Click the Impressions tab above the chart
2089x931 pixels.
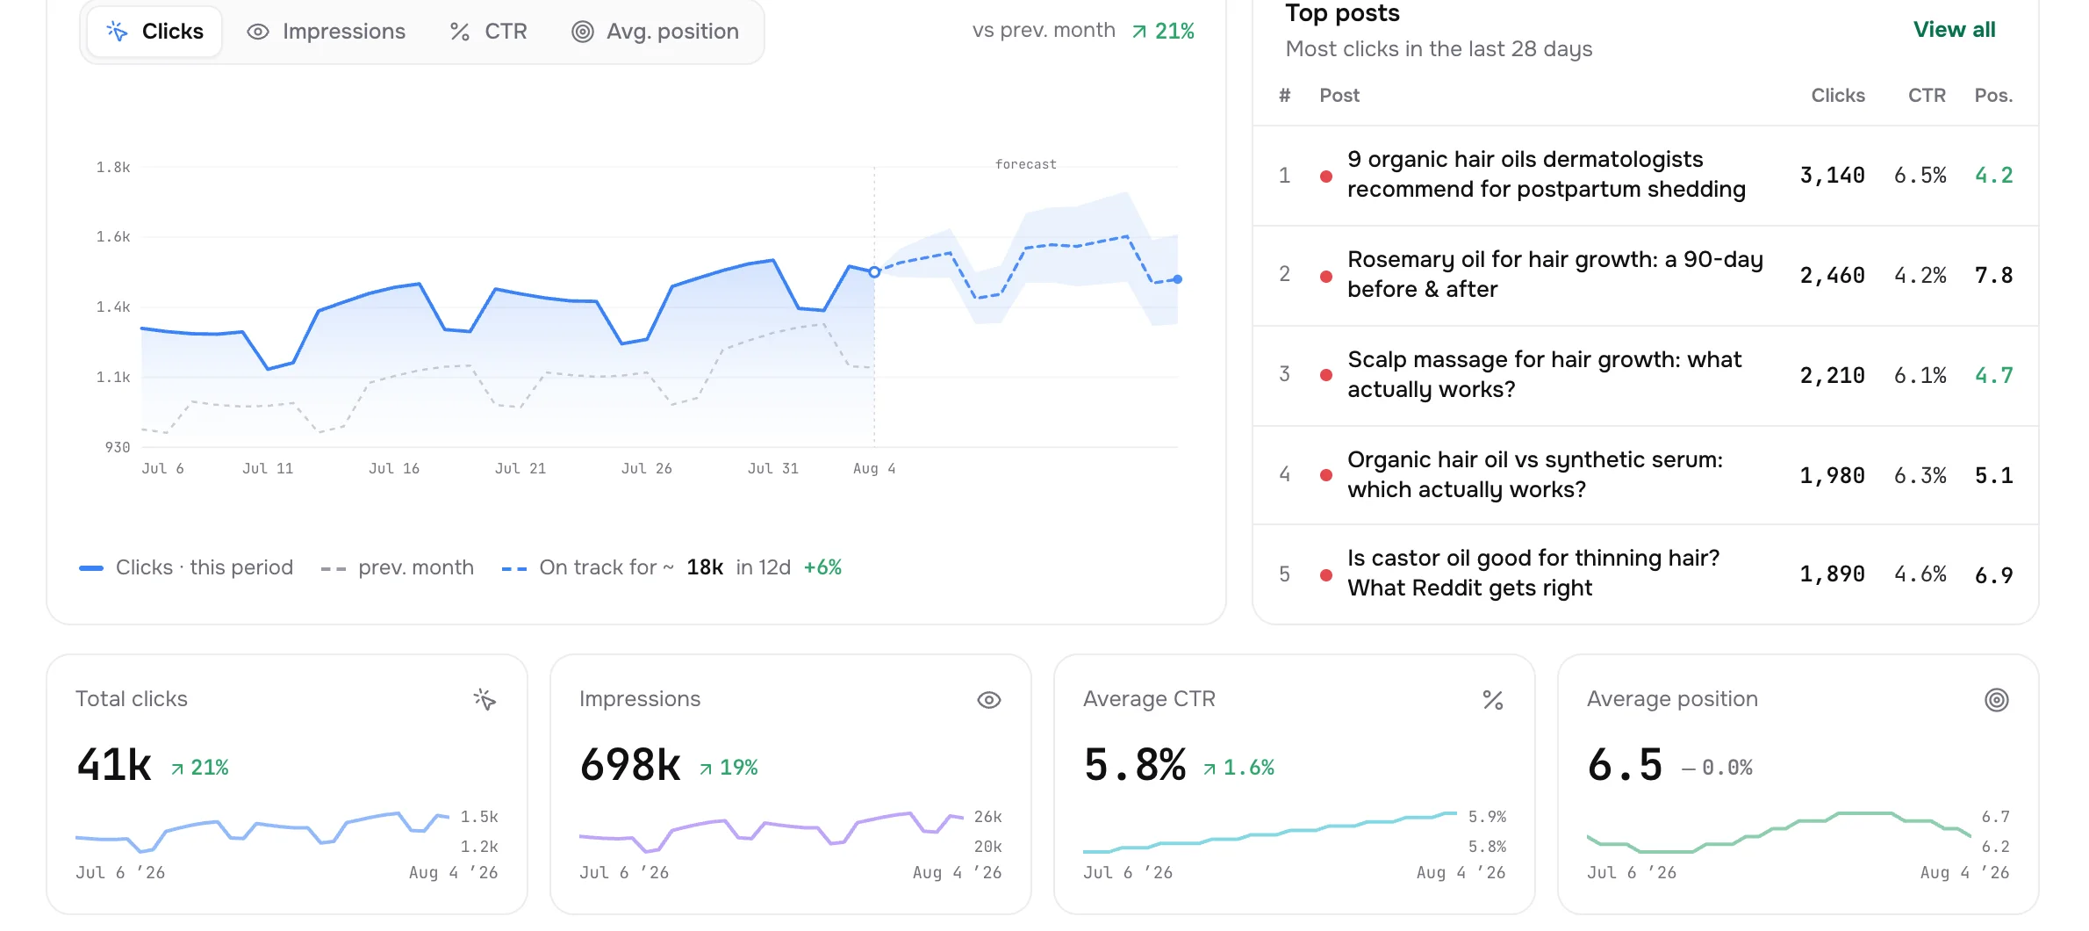[x=326, y=32]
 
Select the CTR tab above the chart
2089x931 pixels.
[x=488, y=32]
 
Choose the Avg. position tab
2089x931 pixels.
[x=655, y=32]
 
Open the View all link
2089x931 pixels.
[x=1954, y=30]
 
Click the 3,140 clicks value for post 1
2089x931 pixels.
[x=1832, y=176]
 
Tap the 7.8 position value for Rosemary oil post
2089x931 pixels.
[x=1993, y=276]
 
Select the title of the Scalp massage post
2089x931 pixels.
[x=1544, y=374]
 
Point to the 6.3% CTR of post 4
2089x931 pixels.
[x=1920, y=476]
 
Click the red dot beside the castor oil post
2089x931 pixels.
[x=1326, y=575]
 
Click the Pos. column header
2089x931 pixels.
[x=1993, y=96]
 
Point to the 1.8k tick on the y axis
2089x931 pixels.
[x=113, y=167]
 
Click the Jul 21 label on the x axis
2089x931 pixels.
[x=520, y=469]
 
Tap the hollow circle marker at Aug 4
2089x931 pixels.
[x=874, y=272]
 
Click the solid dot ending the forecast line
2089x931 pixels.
[x=1178, y=279]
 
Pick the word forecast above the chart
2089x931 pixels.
[x=1025, y=164]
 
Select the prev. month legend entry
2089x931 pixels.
[x=398, y=568]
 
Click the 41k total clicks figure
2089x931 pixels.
[x=114, y=764]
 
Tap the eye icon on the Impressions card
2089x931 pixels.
[x=989, y=700]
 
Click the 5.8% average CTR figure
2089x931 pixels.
[x=1135, y=764]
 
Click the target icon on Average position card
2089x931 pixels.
[x=1997, y=700]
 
